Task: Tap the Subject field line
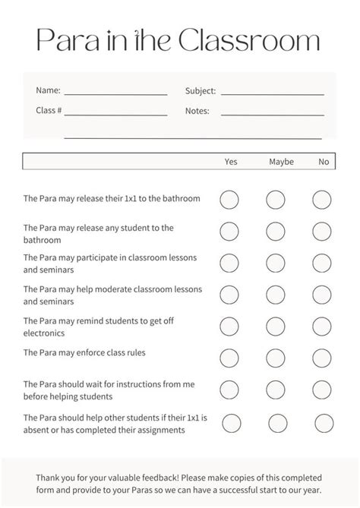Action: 272,95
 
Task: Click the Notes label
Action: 197,111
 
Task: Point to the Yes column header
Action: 231,162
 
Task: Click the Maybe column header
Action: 281,162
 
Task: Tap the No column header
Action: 324,162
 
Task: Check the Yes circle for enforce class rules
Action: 229,356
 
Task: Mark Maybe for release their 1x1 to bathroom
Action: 276,200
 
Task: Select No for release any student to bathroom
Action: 322,231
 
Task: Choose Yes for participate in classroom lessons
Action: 229,263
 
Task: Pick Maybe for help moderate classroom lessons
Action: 276,294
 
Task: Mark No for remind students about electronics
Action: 322,326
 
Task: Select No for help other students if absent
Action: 324,423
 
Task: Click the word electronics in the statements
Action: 44,333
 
